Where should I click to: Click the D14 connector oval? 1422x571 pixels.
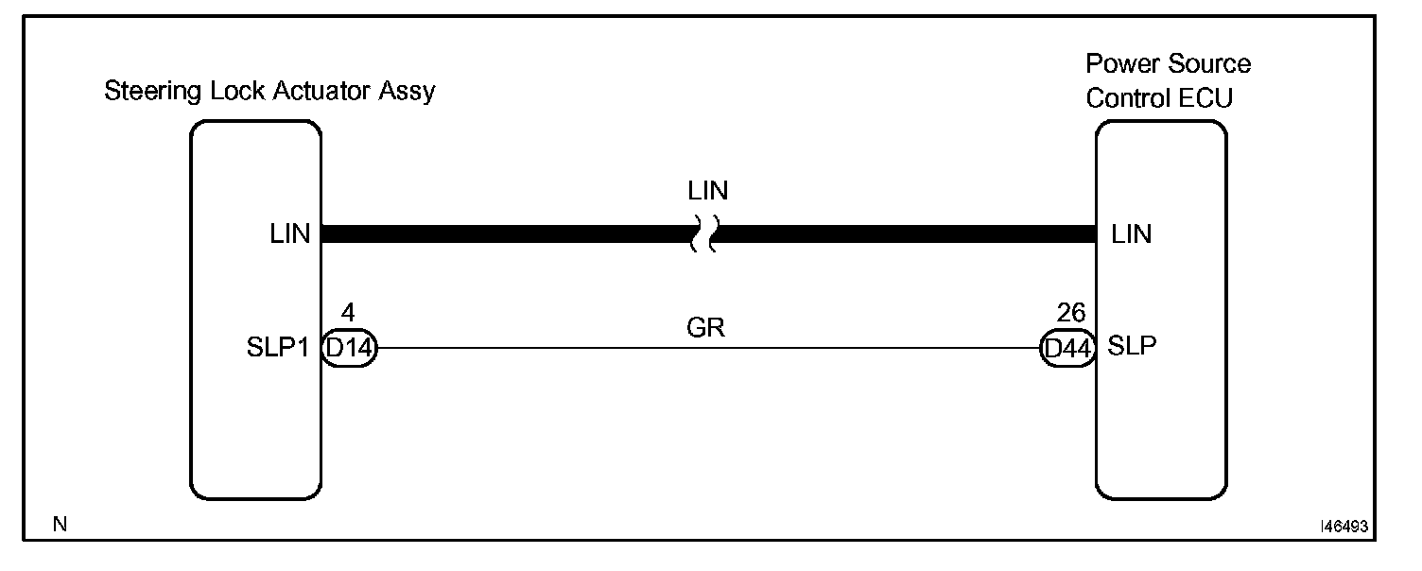349,348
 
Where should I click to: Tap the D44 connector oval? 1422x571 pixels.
1066,348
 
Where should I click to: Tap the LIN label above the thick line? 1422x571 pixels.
708,192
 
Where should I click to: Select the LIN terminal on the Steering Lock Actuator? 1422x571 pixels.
290,234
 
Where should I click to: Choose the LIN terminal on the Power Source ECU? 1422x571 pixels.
1132,234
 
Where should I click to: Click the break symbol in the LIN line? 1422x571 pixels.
704,234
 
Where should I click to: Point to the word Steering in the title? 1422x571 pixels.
146,93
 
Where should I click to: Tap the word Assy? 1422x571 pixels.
411,93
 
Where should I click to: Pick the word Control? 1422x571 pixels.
1126,97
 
